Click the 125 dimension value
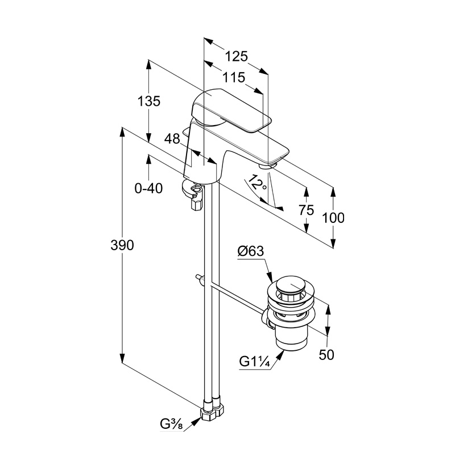237,56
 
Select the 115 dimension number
234,77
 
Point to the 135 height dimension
148,101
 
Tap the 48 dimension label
172,139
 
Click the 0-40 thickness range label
148,189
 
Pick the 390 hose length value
122,245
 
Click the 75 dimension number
307,210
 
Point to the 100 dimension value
333,218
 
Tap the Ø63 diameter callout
251,251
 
